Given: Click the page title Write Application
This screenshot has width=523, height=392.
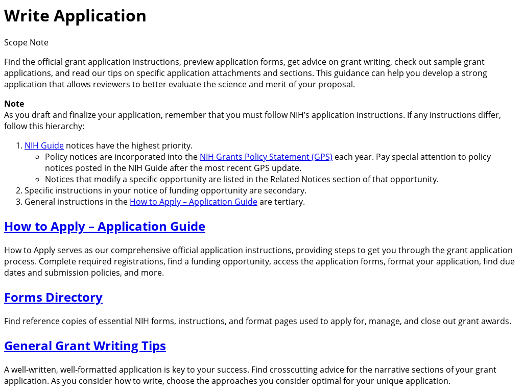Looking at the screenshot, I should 75,16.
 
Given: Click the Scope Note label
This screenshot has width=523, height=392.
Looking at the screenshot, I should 26,42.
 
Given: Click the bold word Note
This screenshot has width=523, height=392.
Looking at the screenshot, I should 14,104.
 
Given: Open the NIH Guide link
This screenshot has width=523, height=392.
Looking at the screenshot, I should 44,145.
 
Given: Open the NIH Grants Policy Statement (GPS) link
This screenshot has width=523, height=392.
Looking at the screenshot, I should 266,157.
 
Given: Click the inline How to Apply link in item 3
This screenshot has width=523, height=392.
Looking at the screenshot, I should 193,202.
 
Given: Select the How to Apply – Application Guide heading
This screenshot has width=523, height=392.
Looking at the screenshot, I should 104,226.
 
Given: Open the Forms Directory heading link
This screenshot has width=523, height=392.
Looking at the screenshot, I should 53,297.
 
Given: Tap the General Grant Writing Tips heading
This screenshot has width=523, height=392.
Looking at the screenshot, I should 85,346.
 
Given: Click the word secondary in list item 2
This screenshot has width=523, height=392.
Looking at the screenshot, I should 287,190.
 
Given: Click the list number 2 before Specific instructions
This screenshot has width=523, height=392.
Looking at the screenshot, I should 19,190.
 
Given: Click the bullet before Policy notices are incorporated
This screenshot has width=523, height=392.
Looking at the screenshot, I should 38,157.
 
